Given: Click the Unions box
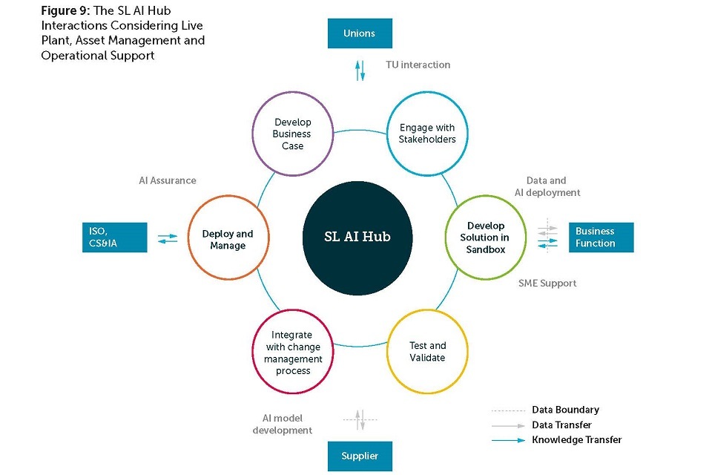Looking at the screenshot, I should tap(360, 33).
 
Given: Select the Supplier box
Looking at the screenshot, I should tap(360, 456).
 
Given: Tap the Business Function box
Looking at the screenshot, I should tap(601, 237).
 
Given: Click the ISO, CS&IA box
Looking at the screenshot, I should tap(114, 237).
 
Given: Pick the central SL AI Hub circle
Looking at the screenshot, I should tap(357, 237).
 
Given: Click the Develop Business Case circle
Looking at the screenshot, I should tap(292, 134).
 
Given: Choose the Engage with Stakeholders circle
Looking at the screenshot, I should tap(427, 134).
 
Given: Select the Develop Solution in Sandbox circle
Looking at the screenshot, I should tap(485, 237).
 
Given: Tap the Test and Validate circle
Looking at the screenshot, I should tap(427, 352).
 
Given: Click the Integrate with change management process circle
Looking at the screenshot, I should tap(292, 353).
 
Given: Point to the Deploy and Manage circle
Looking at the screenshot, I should tap(228, 239).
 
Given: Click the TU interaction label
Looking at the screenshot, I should tap(418, 65).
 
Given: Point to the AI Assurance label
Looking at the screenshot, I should tap(168, 180).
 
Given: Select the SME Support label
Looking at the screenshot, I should tap(548, 283).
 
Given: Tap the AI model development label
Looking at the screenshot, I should tap(283, 425).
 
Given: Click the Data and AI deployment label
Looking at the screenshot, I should tap(547, 186).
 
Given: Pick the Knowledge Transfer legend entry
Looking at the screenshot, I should tap(576, 440).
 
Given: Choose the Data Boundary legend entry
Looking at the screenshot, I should tap(565, 410).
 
